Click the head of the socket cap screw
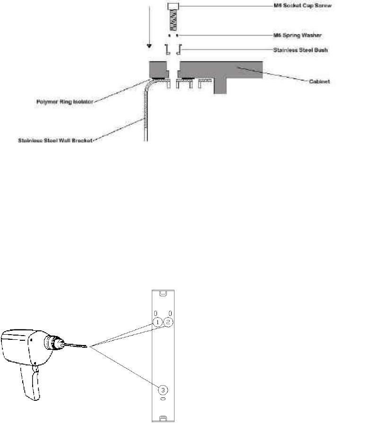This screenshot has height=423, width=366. [x=173, y=6]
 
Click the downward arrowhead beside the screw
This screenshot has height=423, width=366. [x=149, y=46]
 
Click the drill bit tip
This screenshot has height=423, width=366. [x=87, y=347]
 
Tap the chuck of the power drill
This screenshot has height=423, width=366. [x=52, y=344]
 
